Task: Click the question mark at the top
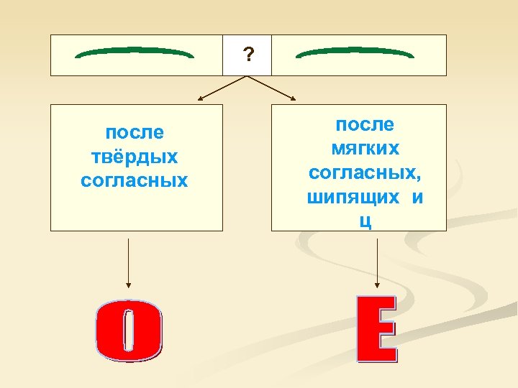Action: [247, 55]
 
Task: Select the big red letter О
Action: [129, 332]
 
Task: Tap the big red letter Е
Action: [377, 328]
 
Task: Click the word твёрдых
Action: [135, 157]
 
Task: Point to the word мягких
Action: [365, 149]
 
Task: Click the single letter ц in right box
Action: [365, 221]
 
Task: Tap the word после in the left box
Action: [135, 133]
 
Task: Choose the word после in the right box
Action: [365, 125]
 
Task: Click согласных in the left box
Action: [135, 180]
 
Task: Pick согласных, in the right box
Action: [365, 173]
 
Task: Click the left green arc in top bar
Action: [135, 53]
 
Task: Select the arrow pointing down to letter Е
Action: [377, 262]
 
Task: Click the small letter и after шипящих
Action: [417, 197]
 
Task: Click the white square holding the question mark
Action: [247, 55]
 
